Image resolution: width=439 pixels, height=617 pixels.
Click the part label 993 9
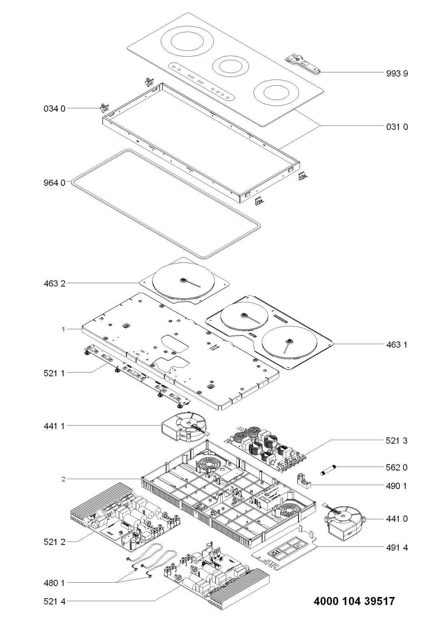(397, 73)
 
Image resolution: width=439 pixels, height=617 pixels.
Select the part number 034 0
(55, 108)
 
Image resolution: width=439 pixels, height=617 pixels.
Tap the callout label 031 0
(397, 127)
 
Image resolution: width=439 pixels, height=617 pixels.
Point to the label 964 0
(55, 183)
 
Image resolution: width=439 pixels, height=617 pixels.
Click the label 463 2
(55, 284)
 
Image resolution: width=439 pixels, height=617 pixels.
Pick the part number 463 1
(397, 344)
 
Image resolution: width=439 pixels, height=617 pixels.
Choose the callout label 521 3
(397, 441)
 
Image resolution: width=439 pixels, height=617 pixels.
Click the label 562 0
(397, 467)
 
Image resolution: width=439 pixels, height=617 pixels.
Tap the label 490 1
(397, 486)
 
